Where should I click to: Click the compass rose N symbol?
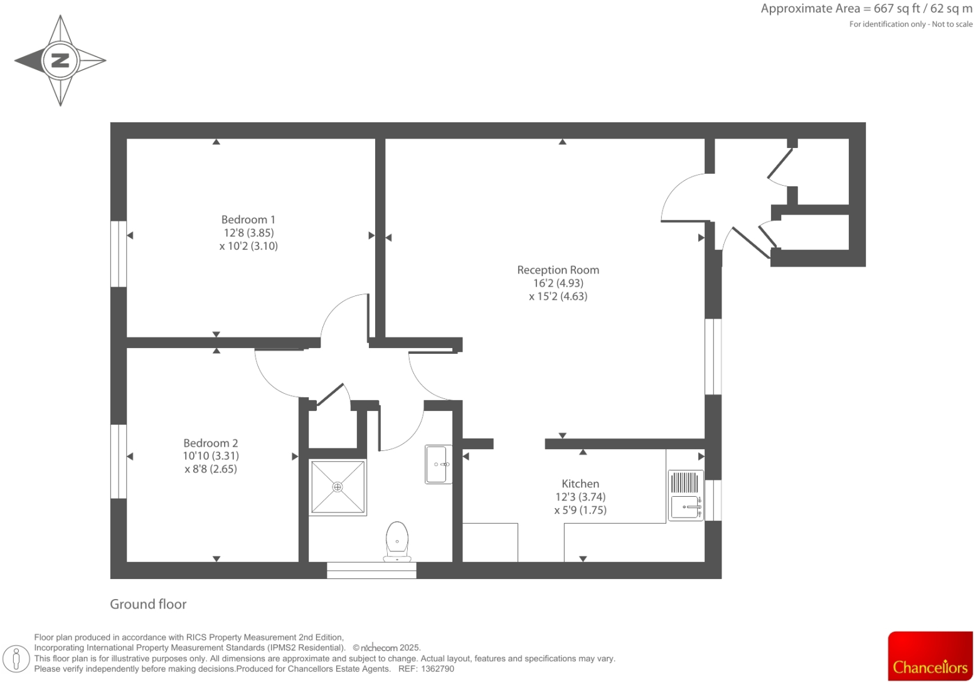point(60,61)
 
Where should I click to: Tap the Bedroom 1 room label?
point(248,220)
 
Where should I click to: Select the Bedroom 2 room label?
point(210,443)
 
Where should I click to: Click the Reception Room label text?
point(558,270)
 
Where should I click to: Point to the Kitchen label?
point(580,484)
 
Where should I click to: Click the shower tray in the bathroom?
point(338,487)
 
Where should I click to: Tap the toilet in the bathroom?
point(397,541)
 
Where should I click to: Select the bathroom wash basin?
point(438,464)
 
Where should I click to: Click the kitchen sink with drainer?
point(685,496)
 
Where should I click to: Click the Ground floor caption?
point(148,604)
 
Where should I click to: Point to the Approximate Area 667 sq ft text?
point(866,9)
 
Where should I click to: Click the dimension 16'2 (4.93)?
point(558,283)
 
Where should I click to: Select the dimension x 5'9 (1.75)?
point(580,510)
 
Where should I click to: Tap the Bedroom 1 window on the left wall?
point(119,253)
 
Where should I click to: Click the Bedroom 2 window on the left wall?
point(119,461)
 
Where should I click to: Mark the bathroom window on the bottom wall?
point(371,570)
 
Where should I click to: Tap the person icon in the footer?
point(16,659)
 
